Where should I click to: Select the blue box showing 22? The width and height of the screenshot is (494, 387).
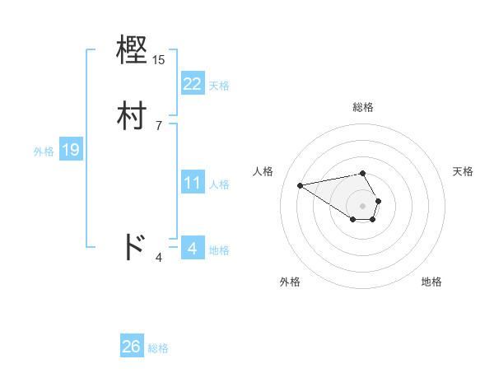pyautogui.click(x=192, y=83)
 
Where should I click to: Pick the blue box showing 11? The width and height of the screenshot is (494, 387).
pyautogui.click(x=192, y=183)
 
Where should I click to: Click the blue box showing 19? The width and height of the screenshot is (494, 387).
pyautogui.click(x=71, y=150)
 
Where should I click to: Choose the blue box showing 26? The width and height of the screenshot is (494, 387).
pyautogui.click(x=132, y=347)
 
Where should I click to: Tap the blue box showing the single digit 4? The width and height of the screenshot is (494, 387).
pyautogui.click(x=192, y=248)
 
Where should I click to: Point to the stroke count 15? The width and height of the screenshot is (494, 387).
pyautogui.click(x=159, y=60)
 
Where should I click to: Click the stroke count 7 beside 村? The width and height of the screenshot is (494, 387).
pyautogui.click(x=159, y=125)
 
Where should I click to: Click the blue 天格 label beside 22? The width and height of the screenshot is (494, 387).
pyautogui.click(x=219, y=86)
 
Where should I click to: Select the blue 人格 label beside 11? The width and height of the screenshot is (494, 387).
pyautogui.click(x=219, y=184)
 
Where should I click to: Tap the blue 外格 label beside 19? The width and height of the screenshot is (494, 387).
pyautogui.click(x=43, y=152)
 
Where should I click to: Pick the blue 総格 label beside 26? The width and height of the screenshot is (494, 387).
pyautogui.click(x=158, y=348)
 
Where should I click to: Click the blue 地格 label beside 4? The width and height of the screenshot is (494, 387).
pyautogui.click(x=219, y=250)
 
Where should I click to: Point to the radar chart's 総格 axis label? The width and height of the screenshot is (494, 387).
pyautogui.click(x=363, y=107)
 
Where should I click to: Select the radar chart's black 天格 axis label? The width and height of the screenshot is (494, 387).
pyautogui.click(x=463, y=171)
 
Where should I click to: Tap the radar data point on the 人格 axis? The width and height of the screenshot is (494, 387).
pyautogui.click(x=301, y=184)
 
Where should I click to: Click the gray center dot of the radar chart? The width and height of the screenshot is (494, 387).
pyautogui.click(x=363, y=205)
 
